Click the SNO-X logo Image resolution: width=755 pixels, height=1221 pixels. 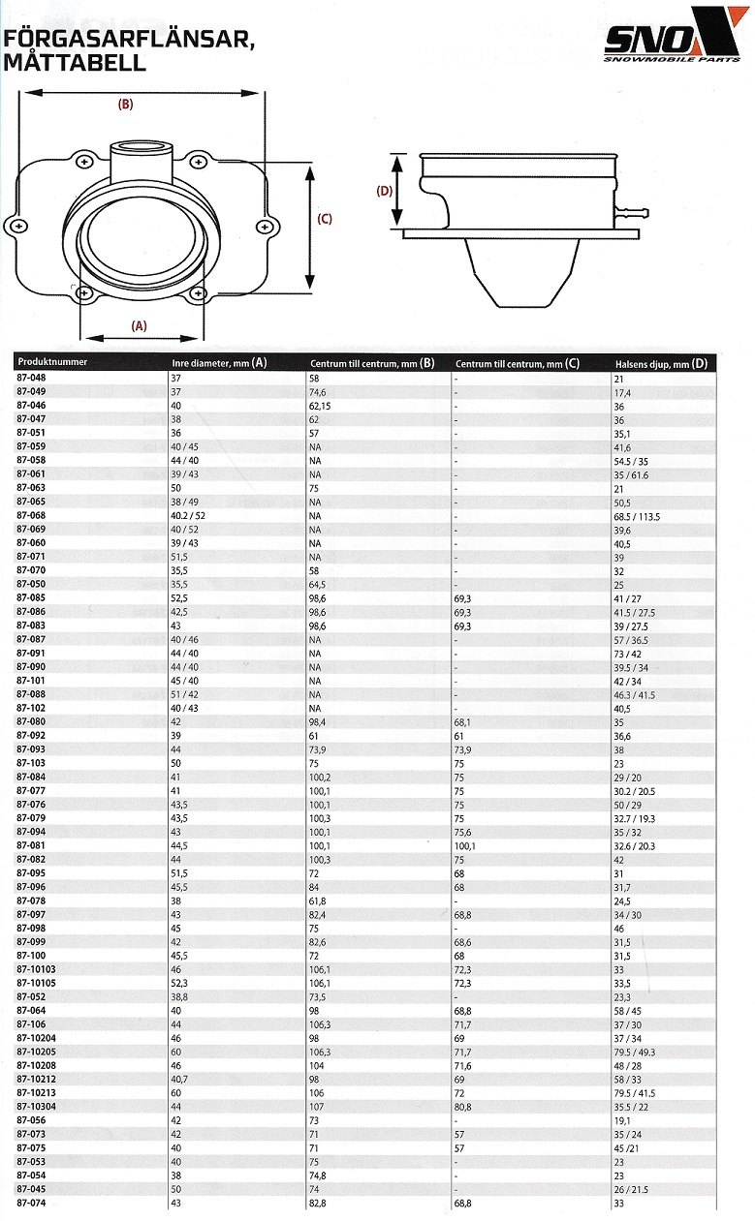pyautogui.click(x=676, y=34)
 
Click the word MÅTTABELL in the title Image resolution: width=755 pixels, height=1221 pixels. pyautogui.click(x=75, y=62)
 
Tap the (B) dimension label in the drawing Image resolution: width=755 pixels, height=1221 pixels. pyautogui.click(x=125, y=105)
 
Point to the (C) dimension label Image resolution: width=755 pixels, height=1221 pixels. pyautogui.click(x=325, y=219)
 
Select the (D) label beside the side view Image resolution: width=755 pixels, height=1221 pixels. pyautogui.click(x=385, y=191)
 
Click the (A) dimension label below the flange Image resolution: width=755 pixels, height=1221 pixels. pyautogui.click(x=140, y=325)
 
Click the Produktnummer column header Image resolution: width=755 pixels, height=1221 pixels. pyautogui.click(x=52, y=362)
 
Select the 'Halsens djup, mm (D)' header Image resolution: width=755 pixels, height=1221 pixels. pyautogui.click(x=661, y=363)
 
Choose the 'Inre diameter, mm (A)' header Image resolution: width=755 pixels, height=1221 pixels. pyautogui.click(x=219, y=363)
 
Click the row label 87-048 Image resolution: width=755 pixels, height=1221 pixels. pyautogui.click(x=31, y=378)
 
